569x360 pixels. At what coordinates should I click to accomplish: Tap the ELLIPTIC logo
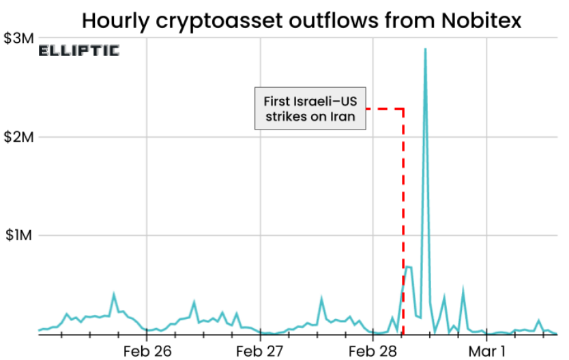point(78,50)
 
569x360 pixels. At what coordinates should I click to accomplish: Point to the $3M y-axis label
point(18,39)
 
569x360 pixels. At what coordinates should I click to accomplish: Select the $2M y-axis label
point(18,137)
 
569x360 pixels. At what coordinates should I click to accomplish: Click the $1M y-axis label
point(18,235)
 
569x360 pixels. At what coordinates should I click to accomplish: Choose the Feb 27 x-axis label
point(260,351)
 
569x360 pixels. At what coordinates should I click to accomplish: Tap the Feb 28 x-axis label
point(373,351)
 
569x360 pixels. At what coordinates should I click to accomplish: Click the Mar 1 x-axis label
point(486,351)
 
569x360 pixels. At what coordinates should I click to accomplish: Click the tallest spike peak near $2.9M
point(425,49)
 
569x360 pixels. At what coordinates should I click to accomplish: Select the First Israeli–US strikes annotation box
point(310,108)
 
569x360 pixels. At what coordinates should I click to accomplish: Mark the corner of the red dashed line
point(403,108)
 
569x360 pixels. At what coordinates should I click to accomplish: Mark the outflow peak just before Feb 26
point(114,295)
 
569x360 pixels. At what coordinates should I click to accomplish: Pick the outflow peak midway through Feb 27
point(321,299)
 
